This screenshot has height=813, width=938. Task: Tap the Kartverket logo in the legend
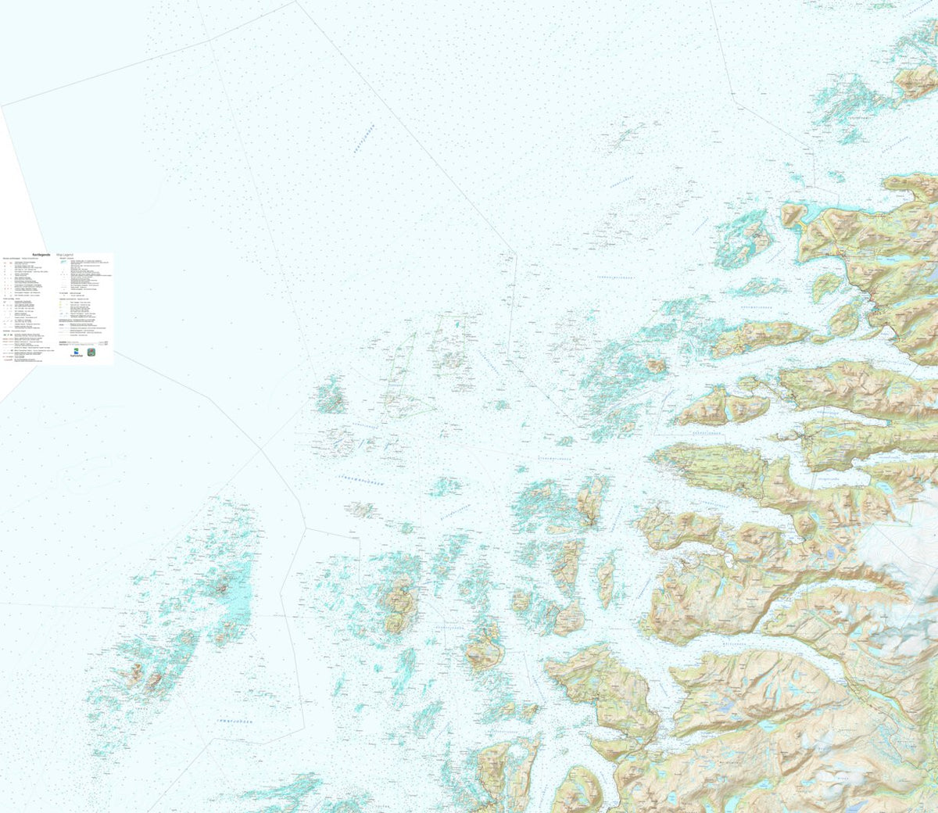coord(74,353)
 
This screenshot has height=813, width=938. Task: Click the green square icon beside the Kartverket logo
coord(91,353)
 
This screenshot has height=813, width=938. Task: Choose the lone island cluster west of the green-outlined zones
coord(331,396)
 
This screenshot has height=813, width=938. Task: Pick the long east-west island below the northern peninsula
coord(758,337)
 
